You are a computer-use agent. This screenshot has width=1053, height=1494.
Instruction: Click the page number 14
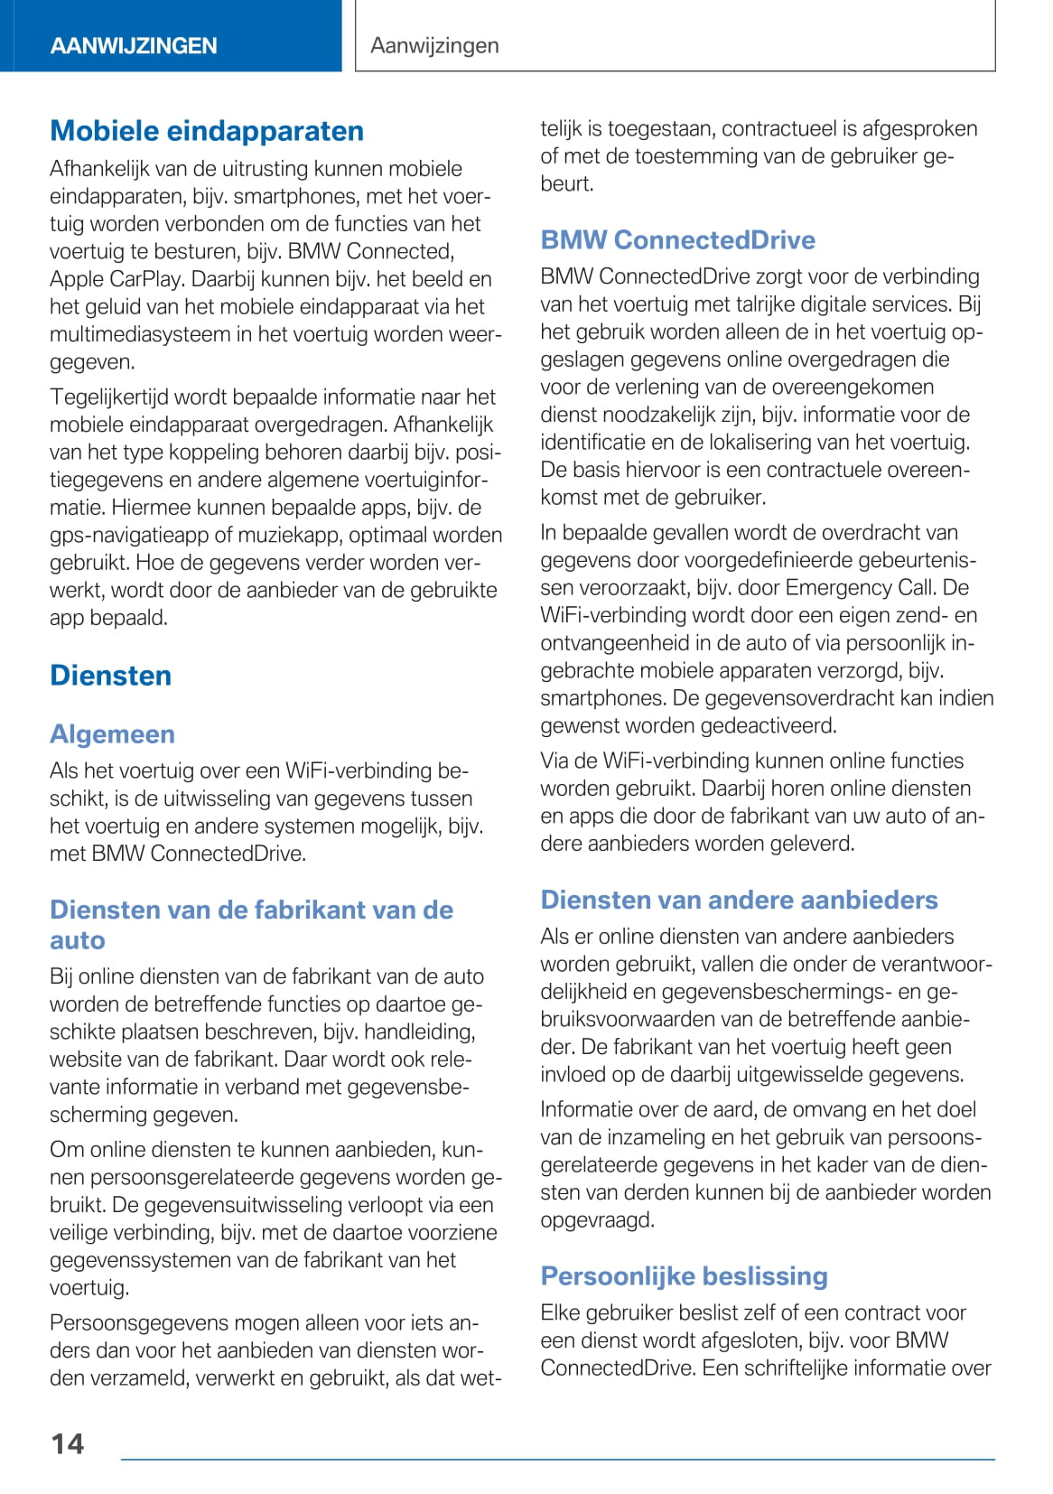click(68, 1443)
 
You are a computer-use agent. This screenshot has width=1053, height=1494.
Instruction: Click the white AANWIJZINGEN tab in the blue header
click(134, 46)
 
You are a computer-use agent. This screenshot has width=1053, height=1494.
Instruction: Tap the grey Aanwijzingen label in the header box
click(434, 45)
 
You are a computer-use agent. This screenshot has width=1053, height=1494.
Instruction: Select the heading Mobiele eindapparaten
click(207, 131)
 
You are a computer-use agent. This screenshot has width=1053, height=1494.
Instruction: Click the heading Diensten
click(110, 676)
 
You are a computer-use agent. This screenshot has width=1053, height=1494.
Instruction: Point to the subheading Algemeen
click(112, 734)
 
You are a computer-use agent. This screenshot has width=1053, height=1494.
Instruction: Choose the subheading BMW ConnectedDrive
click(677, 240)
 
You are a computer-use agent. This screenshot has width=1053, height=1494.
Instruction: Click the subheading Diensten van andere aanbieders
click(739, 900)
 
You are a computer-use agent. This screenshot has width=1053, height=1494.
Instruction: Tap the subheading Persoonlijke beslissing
click(684, 1276)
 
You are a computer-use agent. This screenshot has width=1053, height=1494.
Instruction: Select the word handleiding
click(419, 1032)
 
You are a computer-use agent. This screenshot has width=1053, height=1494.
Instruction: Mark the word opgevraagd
click(597, 1220)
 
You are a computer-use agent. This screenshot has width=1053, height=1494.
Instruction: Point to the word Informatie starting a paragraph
click(593, 1109)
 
